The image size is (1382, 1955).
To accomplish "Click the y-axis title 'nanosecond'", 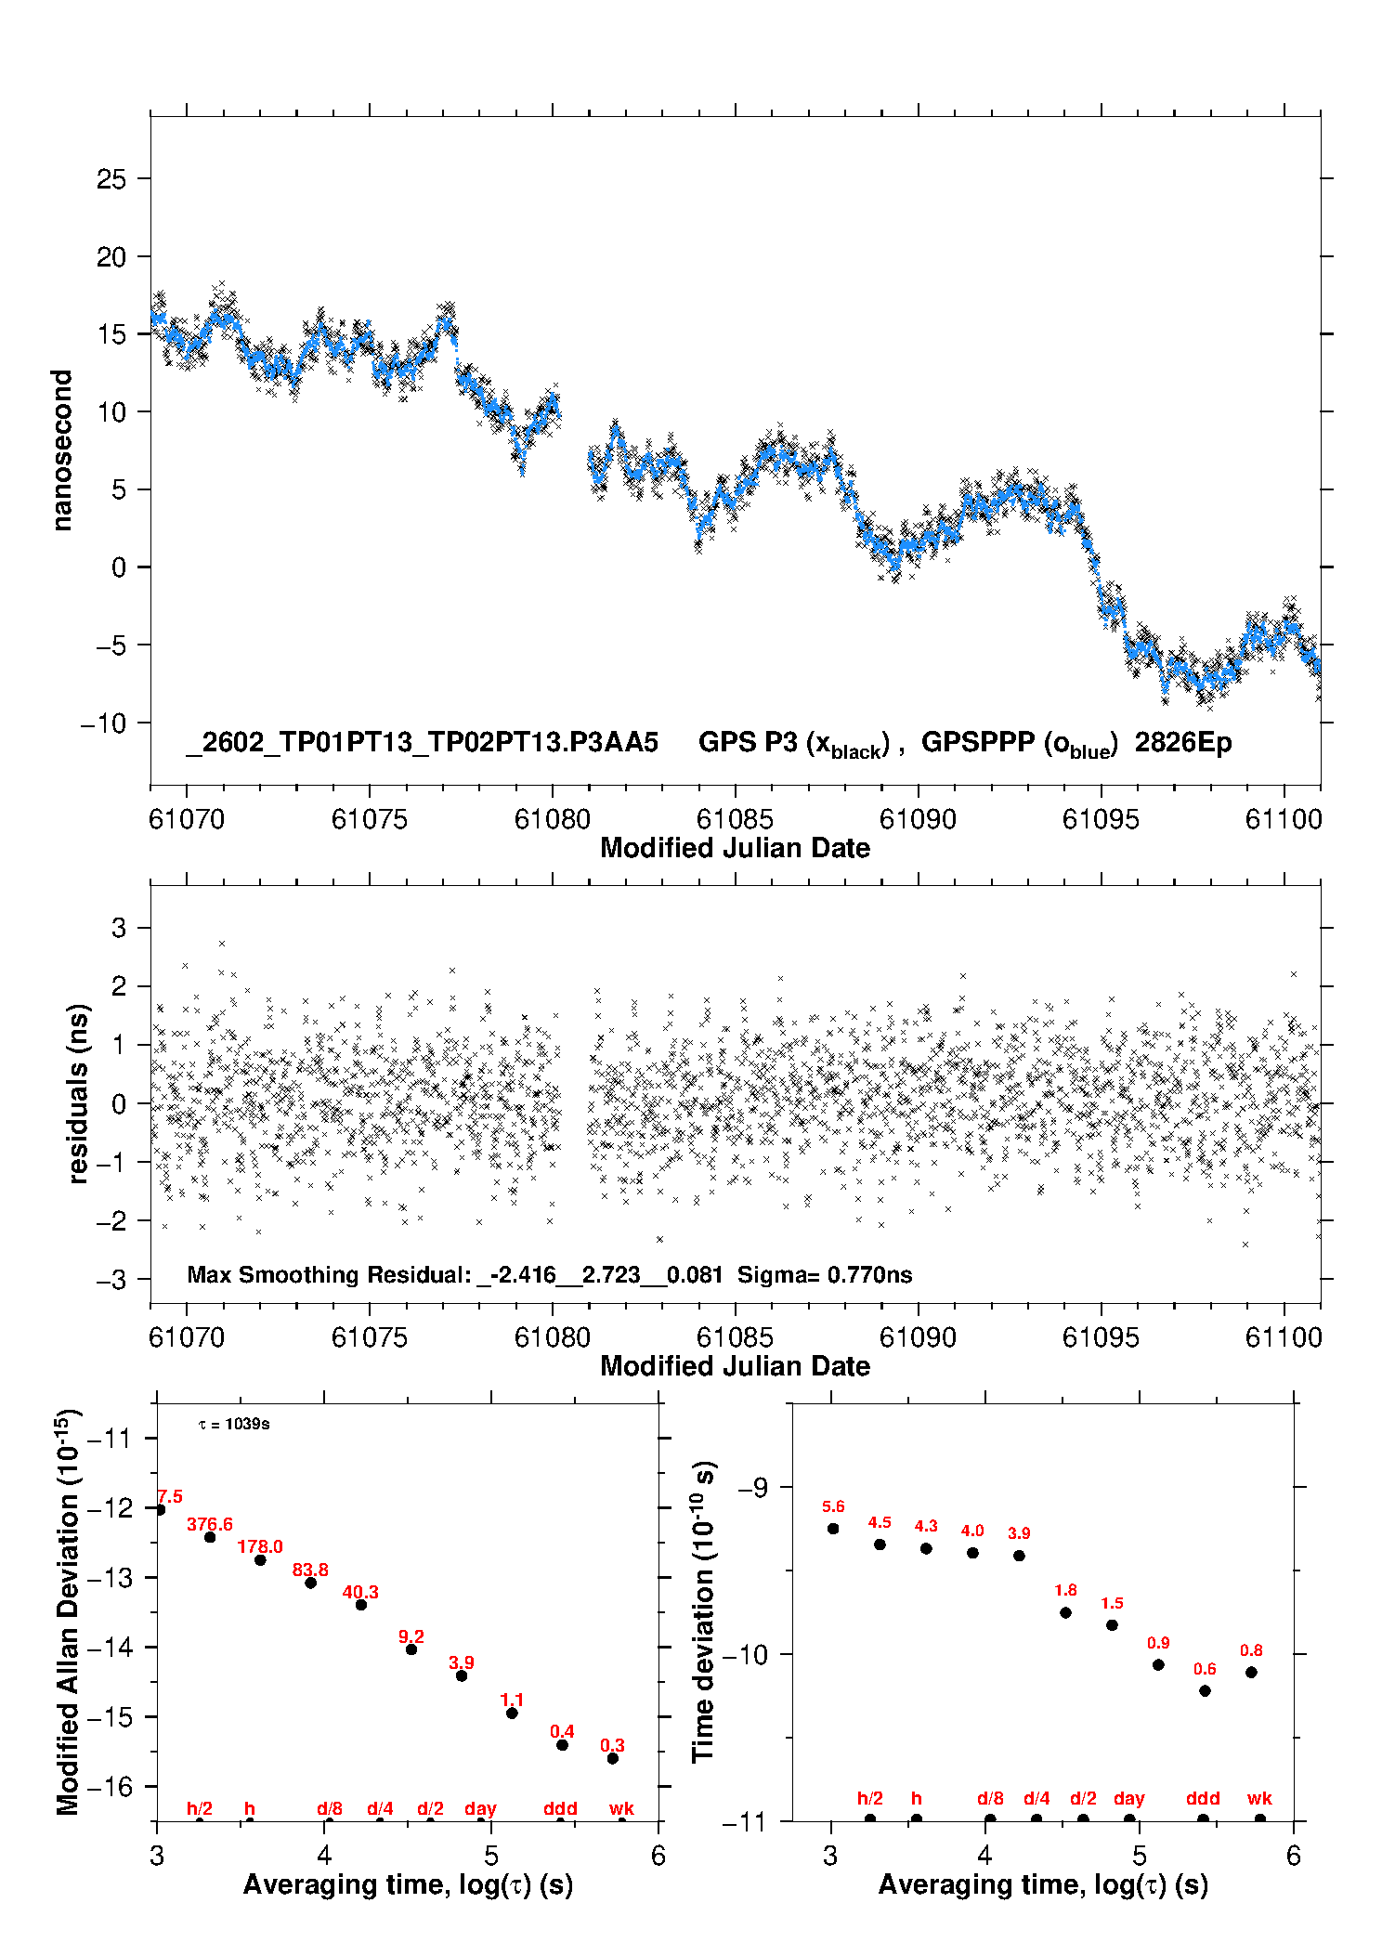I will (62, 450).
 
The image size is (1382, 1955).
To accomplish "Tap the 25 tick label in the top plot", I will (111, 179).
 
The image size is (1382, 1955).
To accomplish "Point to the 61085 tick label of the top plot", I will (735, 819).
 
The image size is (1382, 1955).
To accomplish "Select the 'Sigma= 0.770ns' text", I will (825, 1274).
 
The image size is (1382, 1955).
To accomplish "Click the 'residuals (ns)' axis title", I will (79, 1093).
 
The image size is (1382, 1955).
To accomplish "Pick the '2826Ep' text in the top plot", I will (1183, 743).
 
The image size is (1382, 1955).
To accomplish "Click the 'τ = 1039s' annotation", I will (234, 1425).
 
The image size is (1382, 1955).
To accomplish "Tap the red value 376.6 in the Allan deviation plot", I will (210, 1524).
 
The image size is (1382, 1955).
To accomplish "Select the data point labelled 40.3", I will (361, 1605).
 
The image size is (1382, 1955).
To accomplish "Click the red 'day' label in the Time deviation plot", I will (1129, 1799).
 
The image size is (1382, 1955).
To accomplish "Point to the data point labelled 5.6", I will (833, 1529).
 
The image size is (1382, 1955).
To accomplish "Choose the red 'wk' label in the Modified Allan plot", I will (621, 1808).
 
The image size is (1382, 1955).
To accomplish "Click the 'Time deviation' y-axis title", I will (703, 1612).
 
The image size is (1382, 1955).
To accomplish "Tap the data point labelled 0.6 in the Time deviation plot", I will (1205, 1690).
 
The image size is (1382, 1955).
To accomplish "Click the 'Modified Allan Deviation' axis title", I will (68, 1611).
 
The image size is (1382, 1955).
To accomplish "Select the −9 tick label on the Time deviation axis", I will (752, 1488).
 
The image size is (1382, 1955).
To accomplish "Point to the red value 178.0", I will (260, 1546).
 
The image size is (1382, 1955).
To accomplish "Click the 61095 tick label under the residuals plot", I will (1101, 1337).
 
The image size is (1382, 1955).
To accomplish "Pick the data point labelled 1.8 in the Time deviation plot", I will (1065, 1612).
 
